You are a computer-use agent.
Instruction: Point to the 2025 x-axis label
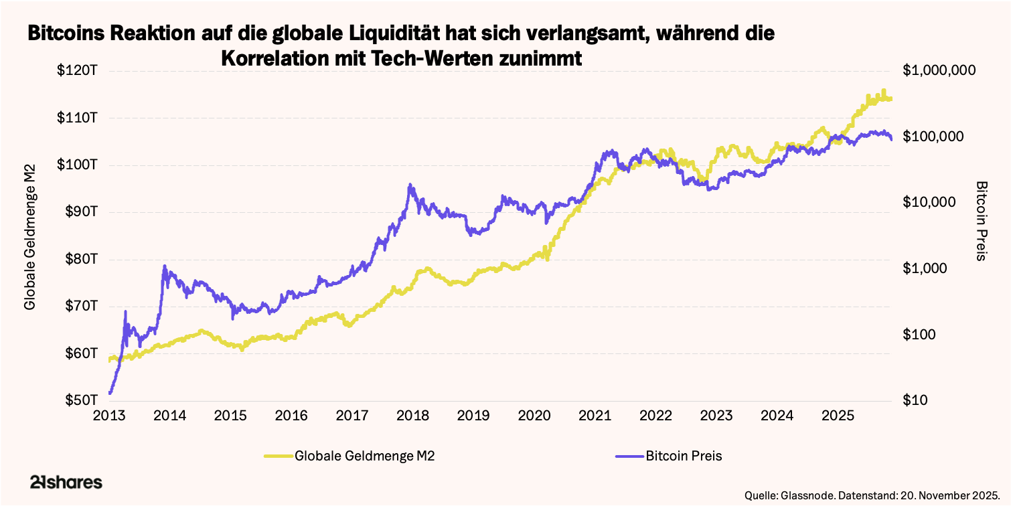[x=838, y=416]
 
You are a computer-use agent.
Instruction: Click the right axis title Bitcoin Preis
[x=982, y=221]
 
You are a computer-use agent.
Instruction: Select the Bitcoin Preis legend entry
[x=684, y=456]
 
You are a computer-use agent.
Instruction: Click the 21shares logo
[x=66, y=483]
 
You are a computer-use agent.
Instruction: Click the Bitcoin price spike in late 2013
[x=165, y=266]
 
